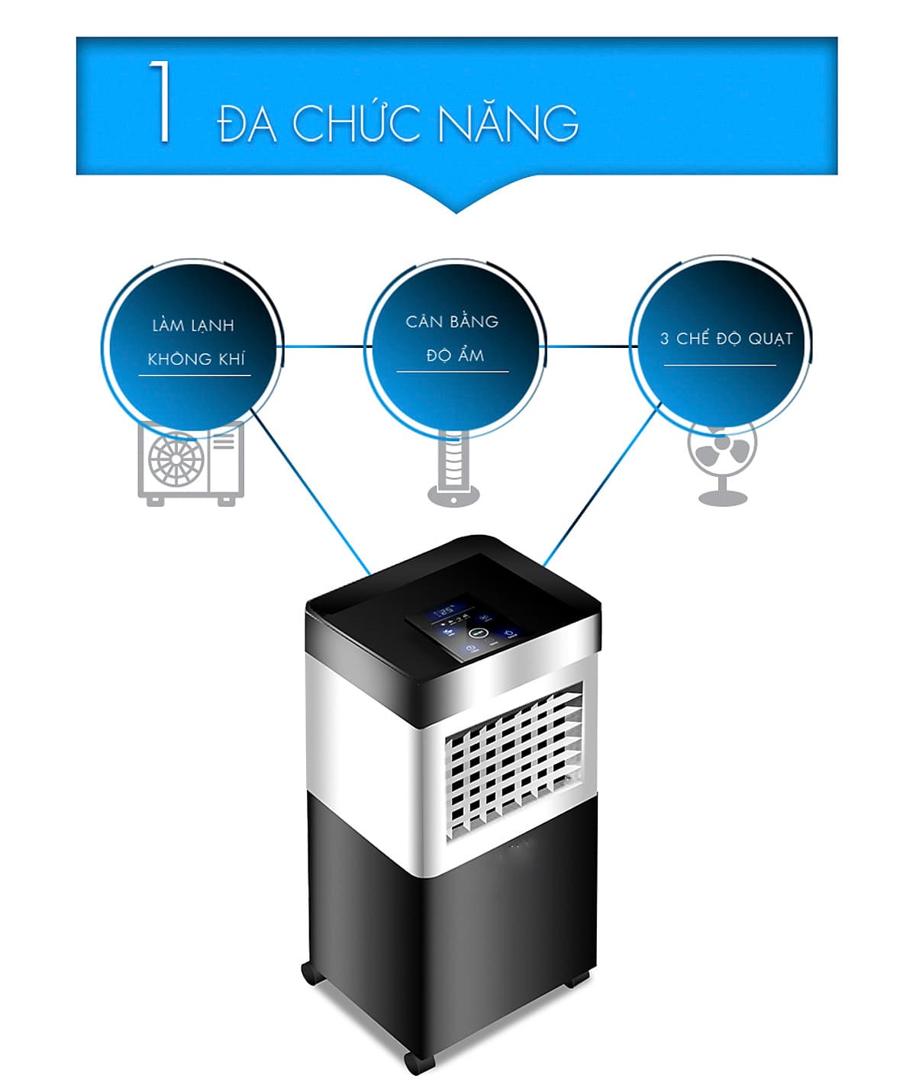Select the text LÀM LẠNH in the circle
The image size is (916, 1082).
[193, 326]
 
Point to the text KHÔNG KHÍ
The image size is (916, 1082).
[196, 359]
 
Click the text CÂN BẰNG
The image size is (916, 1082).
[452, 321]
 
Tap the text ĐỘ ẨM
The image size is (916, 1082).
[455, 356]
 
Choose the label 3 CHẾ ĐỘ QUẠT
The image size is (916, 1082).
[726, 338]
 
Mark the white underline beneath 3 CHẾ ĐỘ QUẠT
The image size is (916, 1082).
[719, 365]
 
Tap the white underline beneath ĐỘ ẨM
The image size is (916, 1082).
[453, 372]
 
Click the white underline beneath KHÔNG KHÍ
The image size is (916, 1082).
[194, 375]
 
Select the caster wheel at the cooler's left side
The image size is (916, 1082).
[308, 972]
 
